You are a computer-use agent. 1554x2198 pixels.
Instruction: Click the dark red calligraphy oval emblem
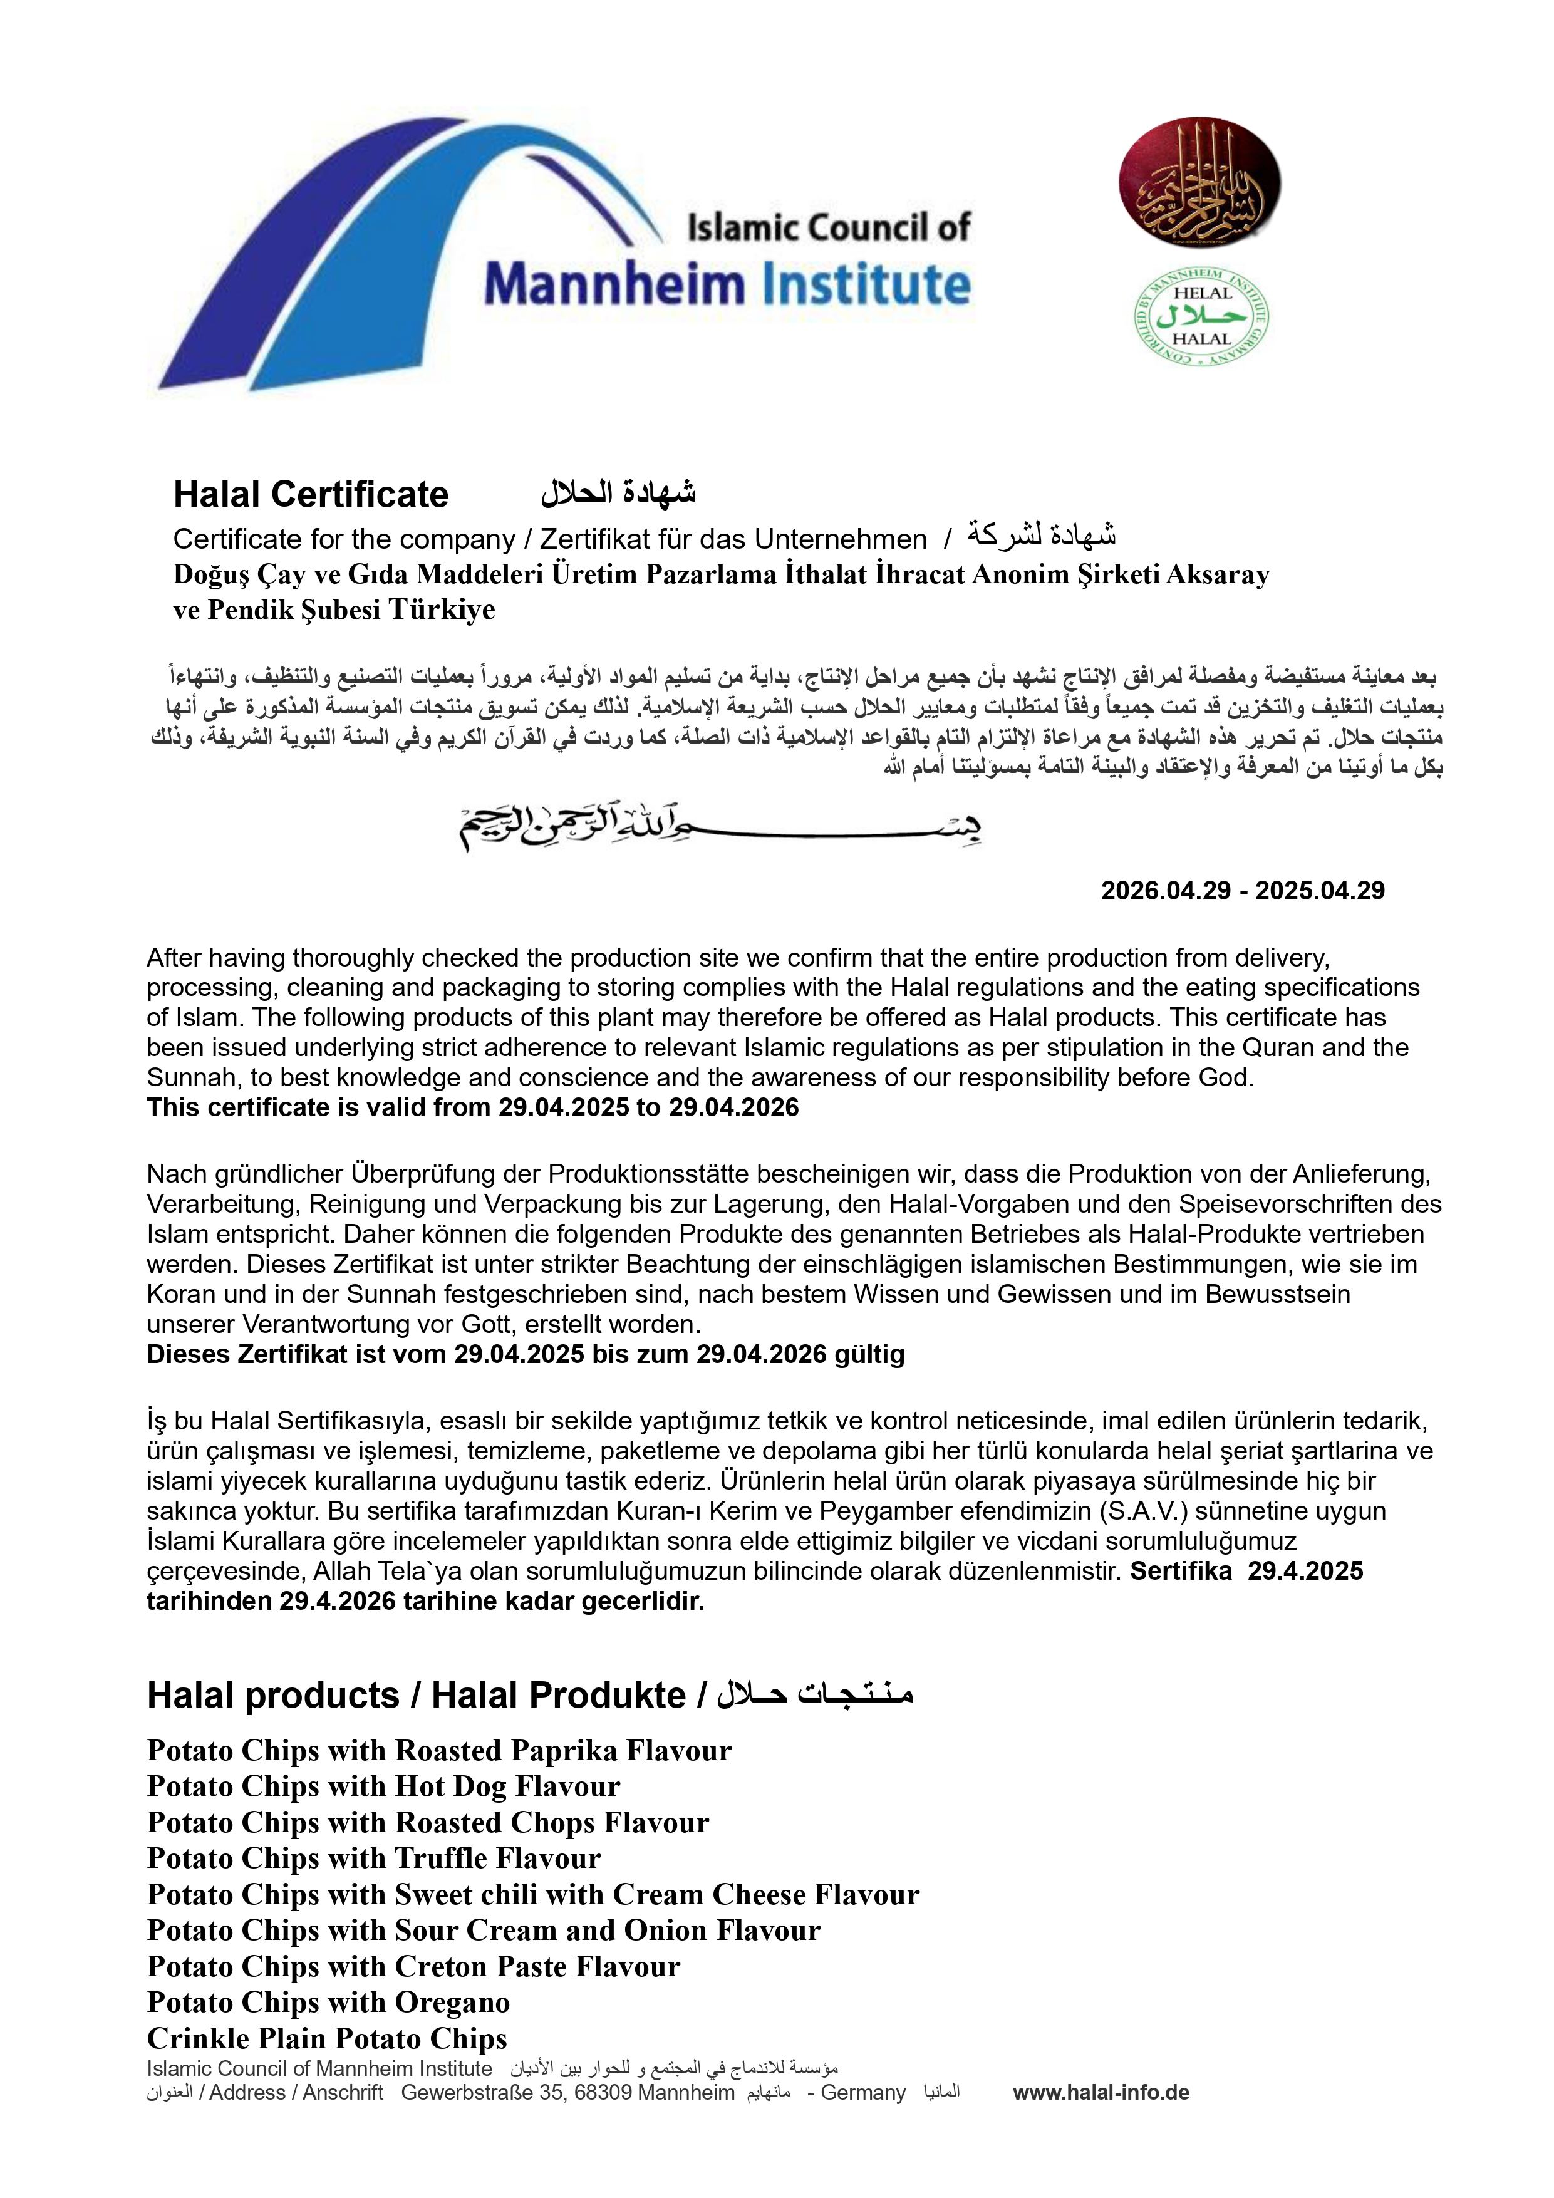coord(1199,182)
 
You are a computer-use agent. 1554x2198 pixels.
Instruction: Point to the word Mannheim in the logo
coord(613,285)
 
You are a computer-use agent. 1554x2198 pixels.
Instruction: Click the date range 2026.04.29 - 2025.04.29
coord(1242,890)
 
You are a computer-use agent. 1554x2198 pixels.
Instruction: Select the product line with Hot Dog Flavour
coord(383,1786)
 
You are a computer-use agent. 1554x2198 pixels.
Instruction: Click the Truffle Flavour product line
coord(373,1858)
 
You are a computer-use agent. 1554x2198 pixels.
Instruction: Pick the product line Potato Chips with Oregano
coord(328,2002)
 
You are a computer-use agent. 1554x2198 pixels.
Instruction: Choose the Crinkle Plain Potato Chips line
coord(326,2038)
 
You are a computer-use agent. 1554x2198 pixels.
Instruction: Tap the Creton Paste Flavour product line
coord(413,1966)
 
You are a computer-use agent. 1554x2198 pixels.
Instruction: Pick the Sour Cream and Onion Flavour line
coord(484,1930)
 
